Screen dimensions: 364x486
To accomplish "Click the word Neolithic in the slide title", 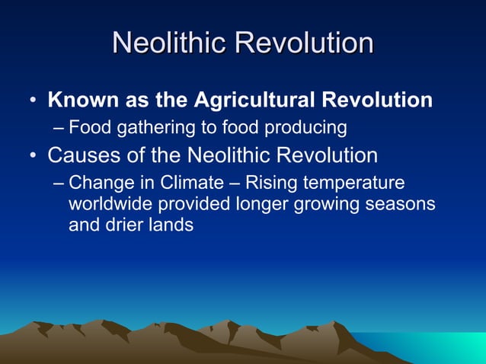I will click(169, 43).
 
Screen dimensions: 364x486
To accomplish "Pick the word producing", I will click(305, 126).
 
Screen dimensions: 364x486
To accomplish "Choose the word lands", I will click(172, 225).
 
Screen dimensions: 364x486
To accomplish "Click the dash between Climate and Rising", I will click(236, 184).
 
